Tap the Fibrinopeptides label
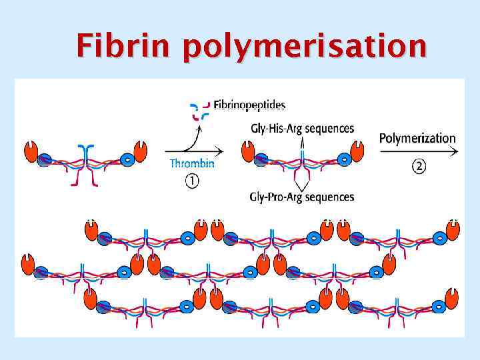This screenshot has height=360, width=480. [249, 105]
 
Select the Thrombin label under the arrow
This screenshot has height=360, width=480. [192, 163]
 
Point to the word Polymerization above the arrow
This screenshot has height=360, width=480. [417, 139]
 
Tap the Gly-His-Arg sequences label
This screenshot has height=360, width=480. [302, 128]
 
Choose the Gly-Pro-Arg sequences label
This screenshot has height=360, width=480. [302, 197]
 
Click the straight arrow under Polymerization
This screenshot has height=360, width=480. [419, 151]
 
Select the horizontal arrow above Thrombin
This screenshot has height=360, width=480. [193, 151]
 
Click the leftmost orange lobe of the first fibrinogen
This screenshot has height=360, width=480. [32, 151]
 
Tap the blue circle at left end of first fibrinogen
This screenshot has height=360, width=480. [44, 160]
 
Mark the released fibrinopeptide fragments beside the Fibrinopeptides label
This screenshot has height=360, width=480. [200, 111]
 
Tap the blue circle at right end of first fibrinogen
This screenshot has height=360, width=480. [128, 160]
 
